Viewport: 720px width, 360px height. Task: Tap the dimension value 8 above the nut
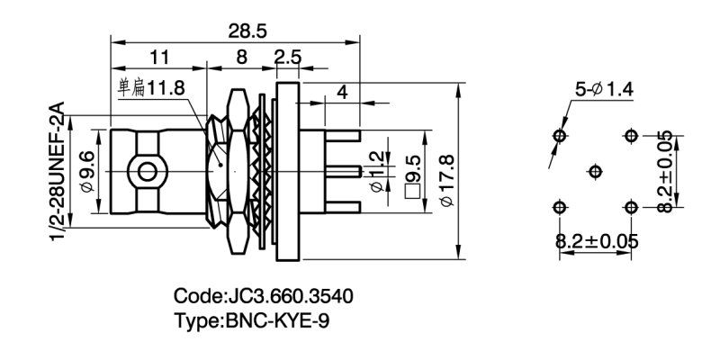pyautogui.click(x=240, y=59)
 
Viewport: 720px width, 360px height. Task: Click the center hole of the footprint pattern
pyautogui.click(x=594, y=171)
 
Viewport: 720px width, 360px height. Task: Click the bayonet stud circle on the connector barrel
pyautogui.click(x=145, y=171)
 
